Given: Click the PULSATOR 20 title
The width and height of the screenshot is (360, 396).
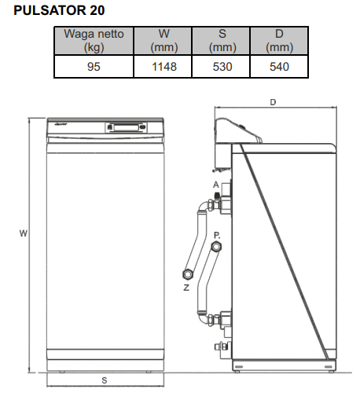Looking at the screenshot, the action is click(x=59, y=10).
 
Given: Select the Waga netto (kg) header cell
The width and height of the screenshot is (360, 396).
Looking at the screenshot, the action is click(x=94, y=41).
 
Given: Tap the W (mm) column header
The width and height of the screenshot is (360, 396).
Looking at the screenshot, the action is click(x=164, y=41).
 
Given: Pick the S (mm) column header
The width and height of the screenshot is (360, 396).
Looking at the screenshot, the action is click(x=222, y=41).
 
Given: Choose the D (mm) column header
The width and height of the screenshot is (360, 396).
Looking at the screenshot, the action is click(x=279, y=41).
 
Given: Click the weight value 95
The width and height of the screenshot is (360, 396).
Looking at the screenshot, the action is click(x=94, y=67).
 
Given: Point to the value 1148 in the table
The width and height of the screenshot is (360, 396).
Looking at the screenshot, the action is click(x=164, y=67).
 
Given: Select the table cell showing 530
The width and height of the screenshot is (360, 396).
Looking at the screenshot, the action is click(x=222, y=67).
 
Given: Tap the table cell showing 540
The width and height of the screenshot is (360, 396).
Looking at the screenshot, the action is click(x=279, y=67).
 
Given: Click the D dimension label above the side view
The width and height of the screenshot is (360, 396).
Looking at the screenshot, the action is click(x=273, y=102).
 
